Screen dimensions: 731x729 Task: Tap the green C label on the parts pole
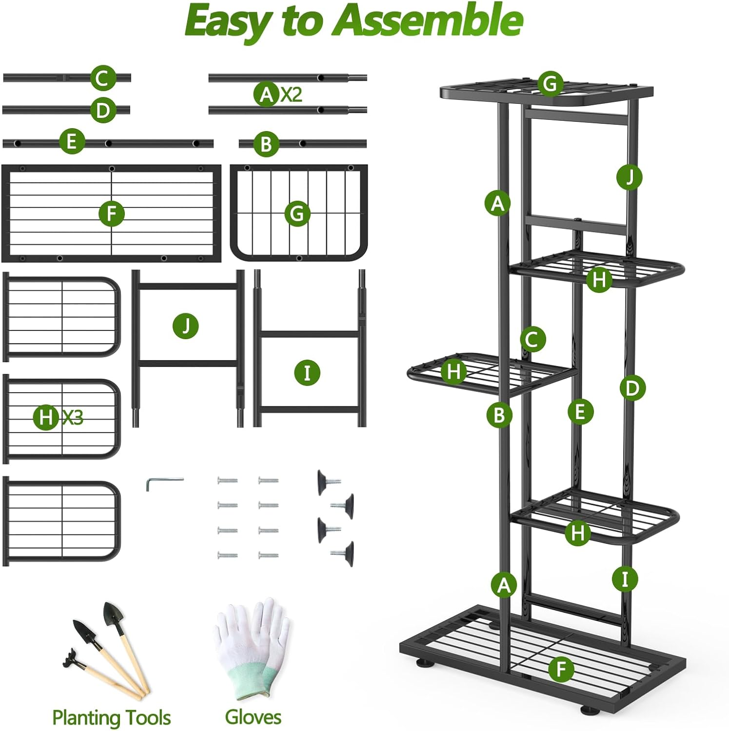(x=103, y=78)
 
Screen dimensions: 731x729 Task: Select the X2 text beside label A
(x=291, y=94)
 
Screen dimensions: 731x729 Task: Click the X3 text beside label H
(x=73, y=417)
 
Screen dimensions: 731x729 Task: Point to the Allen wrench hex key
(x=163, y=482)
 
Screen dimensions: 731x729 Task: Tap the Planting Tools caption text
(x=111, y=717)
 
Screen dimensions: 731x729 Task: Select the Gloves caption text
(x=253, y=717)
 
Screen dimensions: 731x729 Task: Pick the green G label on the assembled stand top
(x=550, y=84)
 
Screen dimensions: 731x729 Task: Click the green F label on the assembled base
(x=561, y=669)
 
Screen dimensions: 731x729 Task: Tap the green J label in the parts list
(x=186, y=326)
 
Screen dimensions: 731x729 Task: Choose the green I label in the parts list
(x=307, y=373)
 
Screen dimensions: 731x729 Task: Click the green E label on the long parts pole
(x=71, y=141)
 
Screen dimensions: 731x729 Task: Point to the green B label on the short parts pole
(x=266, y=144)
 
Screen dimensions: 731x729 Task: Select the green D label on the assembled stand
(x=632, y=388)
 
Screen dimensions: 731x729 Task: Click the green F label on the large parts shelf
(x=112, y=213)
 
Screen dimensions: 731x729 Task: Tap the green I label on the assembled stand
(x=625, y=579)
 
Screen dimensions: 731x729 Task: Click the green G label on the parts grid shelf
(x=297, y=213)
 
